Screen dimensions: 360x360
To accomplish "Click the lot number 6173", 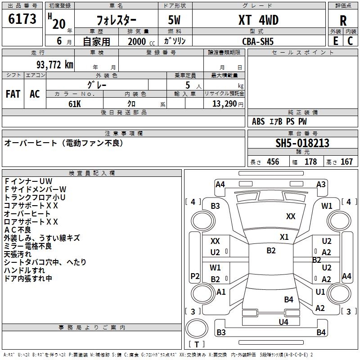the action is coord(22,19).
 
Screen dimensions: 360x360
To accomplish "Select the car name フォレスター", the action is coord(116,20).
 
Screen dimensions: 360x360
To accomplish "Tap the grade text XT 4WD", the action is coord(258,20).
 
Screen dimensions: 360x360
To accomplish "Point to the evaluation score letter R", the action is coord(343,20).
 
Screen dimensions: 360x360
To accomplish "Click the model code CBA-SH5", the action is coord(258,41).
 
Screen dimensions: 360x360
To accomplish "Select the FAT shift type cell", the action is coord(13,94).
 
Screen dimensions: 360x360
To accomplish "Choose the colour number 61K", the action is coord(75,103).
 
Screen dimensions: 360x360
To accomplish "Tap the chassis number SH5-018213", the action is coord(302,143).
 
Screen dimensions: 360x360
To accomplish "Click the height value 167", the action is coord(346,162).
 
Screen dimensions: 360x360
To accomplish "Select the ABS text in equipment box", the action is coord(258,121).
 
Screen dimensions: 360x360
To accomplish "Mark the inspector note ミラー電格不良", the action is coord(28,246).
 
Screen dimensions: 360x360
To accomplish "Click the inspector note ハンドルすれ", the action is coord(25,270).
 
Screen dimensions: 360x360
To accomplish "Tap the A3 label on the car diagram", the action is coord(321,184).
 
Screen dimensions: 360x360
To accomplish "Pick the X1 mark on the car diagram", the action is coord(284,237).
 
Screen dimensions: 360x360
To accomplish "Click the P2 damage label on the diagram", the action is coord(195,276).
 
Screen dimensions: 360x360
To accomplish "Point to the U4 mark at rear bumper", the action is coord(283,322).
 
